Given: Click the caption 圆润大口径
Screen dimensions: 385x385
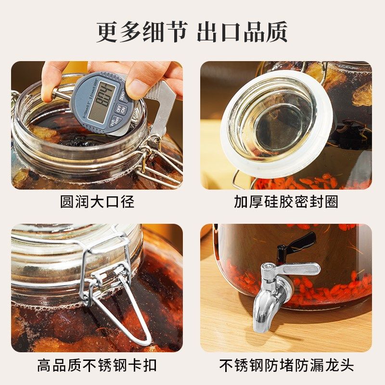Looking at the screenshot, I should (x=97, y=202).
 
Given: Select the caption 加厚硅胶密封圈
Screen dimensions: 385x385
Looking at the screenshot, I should (x=286, y=202).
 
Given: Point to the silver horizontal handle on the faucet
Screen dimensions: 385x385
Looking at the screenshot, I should (x=298, y=269).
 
